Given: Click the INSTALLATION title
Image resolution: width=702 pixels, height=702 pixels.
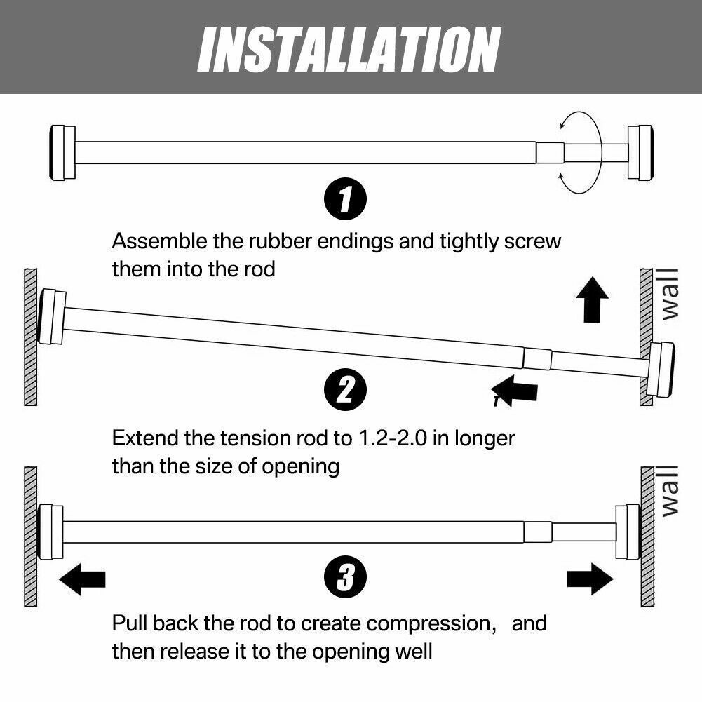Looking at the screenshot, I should [349, 48].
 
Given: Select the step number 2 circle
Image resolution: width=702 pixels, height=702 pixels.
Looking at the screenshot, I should [345, 390].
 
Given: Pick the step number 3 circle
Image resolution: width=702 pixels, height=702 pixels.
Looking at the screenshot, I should [345, 579].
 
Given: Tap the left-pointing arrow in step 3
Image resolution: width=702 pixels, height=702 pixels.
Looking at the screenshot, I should [82, 579].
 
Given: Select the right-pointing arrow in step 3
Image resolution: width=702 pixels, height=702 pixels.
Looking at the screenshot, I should [589, 579].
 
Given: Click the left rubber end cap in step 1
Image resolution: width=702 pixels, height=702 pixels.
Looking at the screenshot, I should [62, 152].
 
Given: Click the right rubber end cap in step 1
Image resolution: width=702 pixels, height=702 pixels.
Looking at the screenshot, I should [640, 152].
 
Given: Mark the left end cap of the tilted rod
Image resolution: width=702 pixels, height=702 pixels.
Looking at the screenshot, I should [52, 317].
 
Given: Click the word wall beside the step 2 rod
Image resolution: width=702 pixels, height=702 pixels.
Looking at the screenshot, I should [670, 293].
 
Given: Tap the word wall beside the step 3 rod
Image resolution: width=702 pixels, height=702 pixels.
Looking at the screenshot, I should [670, 490].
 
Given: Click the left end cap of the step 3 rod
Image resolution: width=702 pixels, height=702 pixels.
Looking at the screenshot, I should [50, 532].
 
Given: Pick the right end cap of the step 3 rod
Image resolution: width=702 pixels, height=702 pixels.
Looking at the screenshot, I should [628, 532].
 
